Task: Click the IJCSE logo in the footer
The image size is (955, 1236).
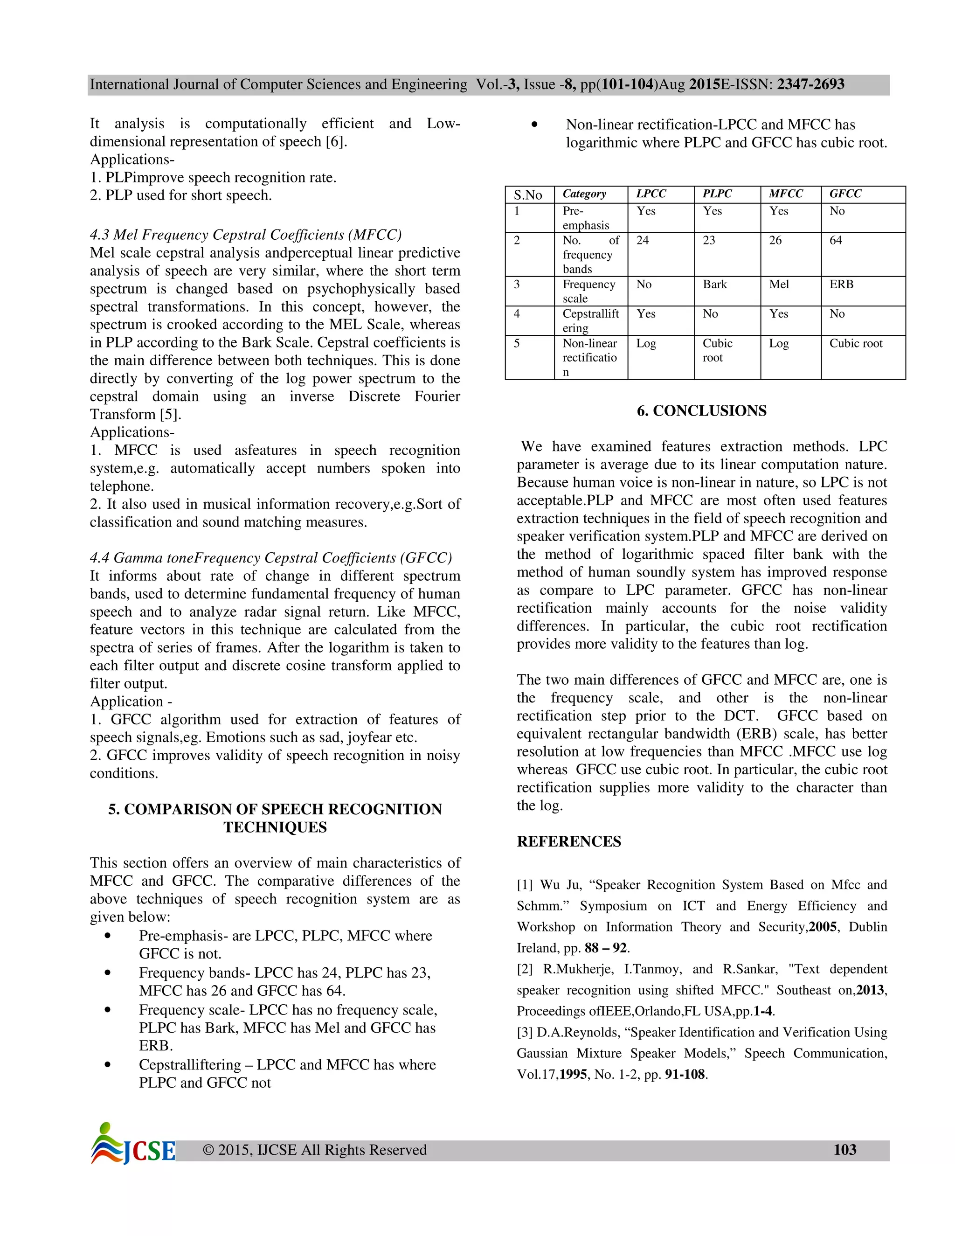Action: (133, 1144)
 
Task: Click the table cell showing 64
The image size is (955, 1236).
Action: (836, 241)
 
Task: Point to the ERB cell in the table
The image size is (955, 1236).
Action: (841, 284)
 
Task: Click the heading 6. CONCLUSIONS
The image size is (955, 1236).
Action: (701, 411)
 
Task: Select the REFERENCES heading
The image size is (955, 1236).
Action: (568, 841)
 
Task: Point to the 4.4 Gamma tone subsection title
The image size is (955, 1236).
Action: (270, 557)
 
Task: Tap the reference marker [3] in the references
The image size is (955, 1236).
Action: (525, 1032)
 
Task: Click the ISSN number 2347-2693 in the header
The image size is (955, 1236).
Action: (810, 84)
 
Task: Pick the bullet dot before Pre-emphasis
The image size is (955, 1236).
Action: (108, 936)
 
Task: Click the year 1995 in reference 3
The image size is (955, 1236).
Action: (573, 1074)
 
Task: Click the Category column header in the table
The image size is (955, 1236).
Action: (584, 194)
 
